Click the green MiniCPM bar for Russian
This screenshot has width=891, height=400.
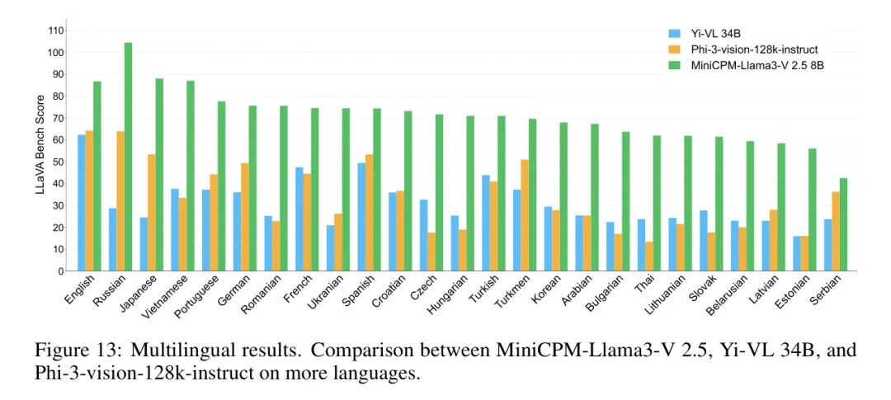click(128, 157)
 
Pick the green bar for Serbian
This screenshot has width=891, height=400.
click(843, 224)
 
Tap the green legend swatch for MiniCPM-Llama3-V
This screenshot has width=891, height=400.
click(674, 65)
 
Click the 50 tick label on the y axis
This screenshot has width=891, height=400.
click(59, 162)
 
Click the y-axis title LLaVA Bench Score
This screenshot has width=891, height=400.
click(40, 151)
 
